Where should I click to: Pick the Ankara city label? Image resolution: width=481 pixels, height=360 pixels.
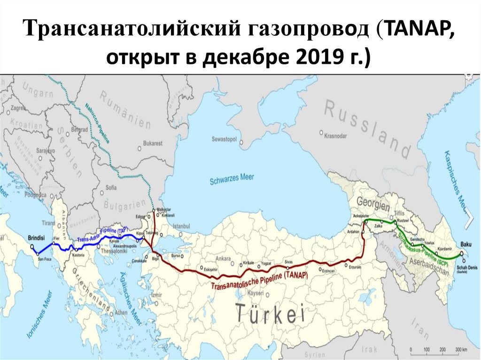pyautogui.click(x=223, y=259)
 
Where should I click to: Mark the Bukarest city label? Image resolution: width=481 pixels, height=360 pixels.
pyautogui.click(x=153, y=143)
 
